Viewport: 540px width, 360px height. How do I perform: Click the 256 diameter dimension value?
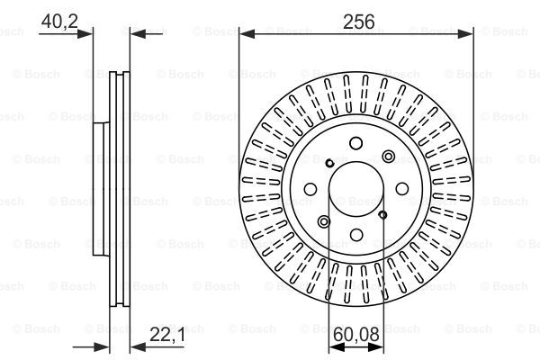coord(358,22)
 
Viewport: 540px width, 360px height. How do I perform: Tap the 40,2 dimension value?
coord(59,22)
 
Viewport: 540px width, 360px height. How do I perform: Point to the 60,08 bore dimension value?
coord(356,334)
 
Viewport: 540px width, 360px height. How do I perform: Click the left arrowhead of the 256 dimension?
coord(247,34)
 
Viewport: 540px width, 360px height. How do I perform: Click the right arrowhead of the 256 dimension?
coord(465,34)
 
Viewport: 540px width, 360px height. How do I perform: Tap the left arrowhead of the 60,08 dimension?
coord(337,347)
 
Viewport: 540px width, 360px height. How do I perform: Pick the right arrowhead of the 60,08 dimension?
coord(375,347)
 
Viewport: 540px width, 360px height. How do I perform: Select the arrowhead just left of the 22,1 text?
coord(138,347)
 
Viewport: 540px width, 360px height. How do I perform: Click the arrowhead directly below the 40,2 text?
coord(85,34)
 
